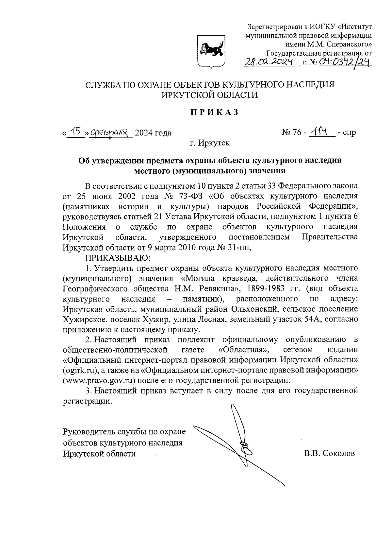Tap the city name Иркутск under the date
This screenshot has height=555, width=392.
coord(214,143)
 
